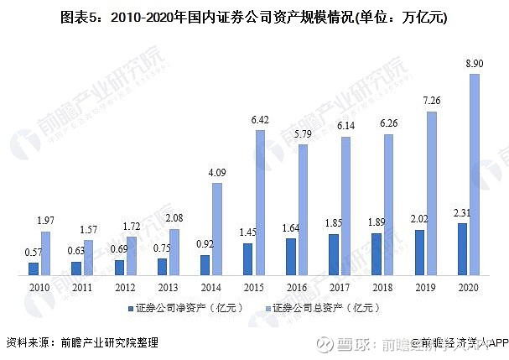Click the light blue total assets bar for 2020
[x=475, y=175]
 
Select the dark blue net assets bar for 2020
[x=461, y=249]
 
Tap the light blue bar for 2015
[x=259, y=202]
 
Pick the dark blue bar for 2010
[x=34, y=269]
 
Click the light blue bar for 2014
[x=216, y=229]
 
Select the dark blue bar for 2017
[x=333, y=254]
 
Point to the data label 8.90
[x=474, y=64]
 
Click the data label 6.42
[x=259, y=120]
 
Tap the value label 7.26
[x=431, y=102]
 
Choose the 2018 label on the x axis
[x=382, y=287]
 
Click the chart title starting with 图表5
[x=254, y=18]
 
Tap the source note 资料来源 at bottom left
[x=82, y=342]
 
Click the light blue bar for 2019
[x=432, y=193]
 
